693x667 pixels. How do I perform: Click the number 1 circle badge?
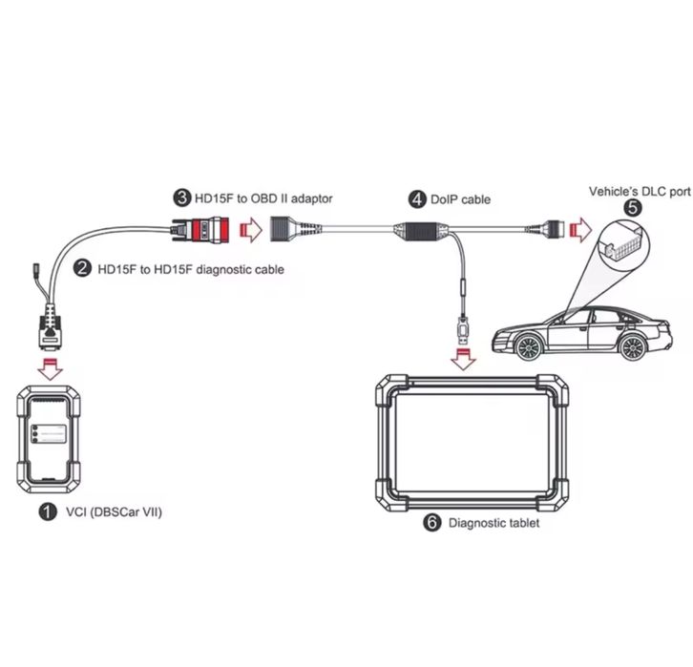[x=46, y=512]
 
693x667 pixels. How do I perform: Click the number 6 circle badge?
[x=431, y=523]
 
